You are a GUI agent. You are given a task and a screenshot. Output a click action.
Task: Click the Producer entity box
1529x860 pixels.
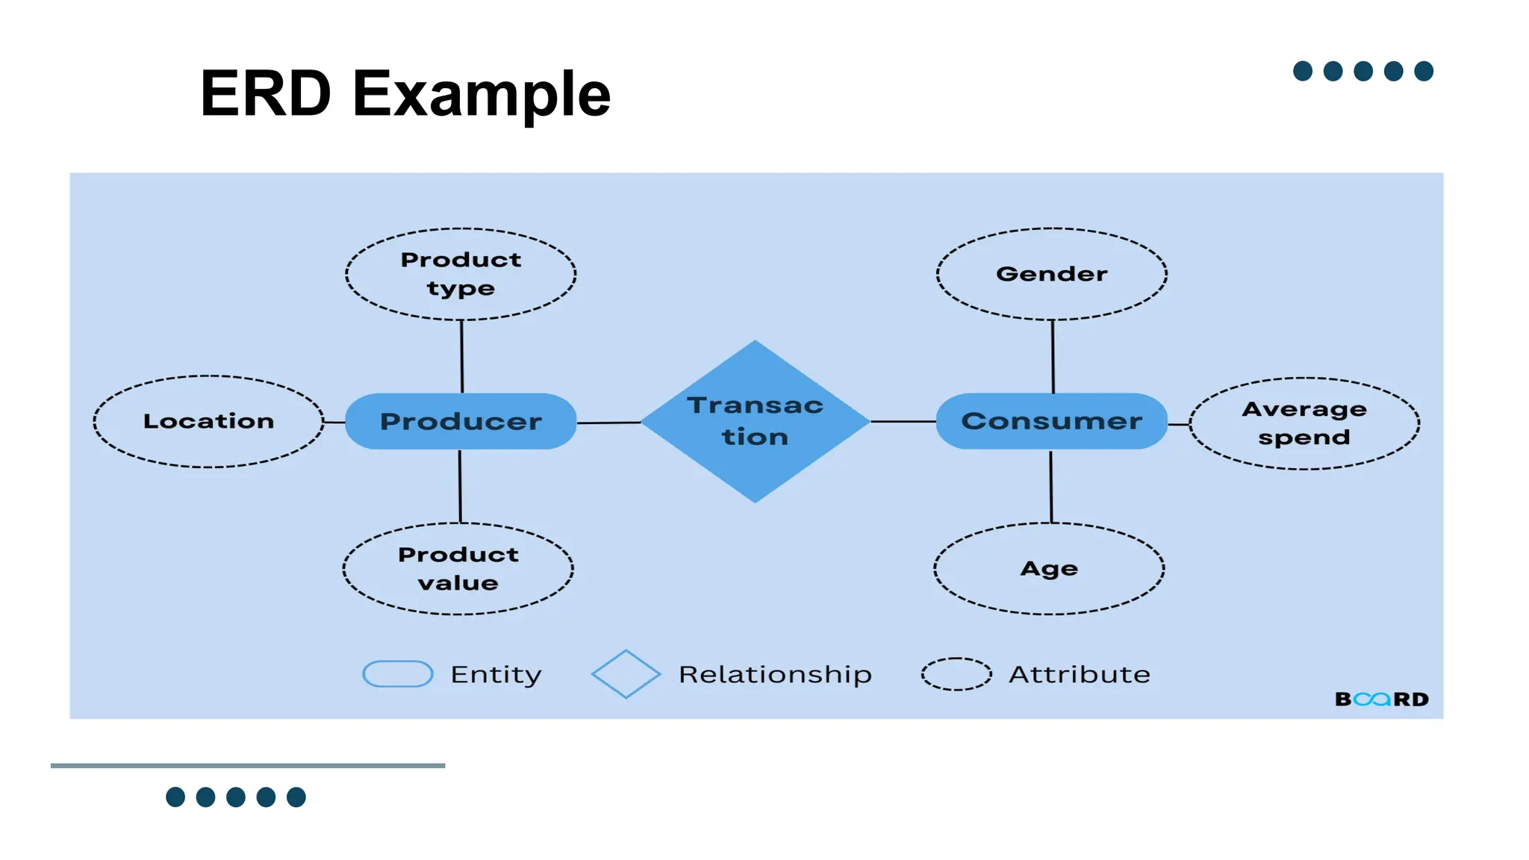[x=461, y=421]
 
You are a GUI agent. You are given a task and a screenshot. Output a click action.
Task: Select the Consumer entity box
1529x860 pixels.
[x=1051, y=421]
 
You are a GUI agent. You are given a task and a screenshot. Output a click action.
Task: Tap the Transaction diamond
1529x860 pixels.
[x=755, y=421]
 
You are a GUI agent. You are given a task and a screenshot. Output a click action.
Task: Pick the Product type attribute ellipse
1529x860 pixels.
[x=461, y=274]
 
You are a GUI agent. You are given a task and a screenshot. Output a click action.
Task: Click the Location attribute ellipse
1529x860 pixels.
[x=208, y=422]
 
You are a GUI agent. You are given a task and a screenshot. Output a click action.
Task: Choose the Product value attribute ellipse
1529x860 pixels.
[x=458, y=569]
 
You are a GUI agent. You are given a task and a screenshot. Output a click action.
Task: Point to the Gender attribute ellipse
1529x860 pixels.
[x=1051, y=274]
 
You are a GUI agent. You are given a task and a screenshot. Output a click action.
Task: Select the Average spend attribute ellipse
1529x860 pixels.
[x=1304, y=423]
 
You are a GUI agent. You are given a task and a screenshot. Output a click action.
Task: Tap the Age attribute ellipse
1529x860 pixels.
[x=1049, y=569]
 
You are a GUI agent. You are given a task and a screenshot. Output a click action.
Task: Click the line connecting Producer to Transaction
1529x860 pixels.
[x=608, y=423]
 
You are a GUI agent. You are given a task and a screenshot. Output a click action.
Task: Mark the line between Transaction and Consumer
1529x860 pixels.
[x=903, y=422]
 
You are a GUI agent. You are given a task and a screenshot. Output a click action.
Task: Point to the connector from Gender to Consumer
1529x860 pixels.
[x=1053, y=357]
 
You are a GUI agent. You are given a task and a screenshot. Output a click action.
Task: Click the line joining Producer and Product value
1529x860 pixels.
[x=460, y=486]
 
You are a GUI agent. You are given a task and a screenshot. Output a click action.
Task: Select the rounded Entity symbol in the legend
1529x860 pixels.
[x=397, y=674]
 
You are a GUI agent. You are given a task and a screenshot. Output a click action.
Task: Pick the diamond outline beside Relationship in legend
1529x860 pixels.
[x=626, y=674]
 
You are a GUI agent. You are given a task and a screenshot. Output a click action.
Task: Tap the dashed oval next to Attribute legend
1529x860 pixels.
[x=956, y=674]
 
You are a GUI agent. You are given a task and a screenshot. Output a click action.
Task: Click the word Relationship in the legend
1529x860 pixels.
[x=775, y=674]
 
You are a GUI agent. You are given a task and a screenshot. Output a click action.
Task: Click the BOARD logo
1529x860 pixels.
[x=1381, y=699]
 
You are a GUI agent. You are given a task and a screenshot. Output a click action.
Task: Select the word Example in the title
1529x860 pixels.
[x=482, y=94]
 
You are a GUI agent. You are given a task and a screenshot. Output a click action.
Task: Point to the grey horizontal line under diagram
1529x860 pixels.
[x=248, y=765]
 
